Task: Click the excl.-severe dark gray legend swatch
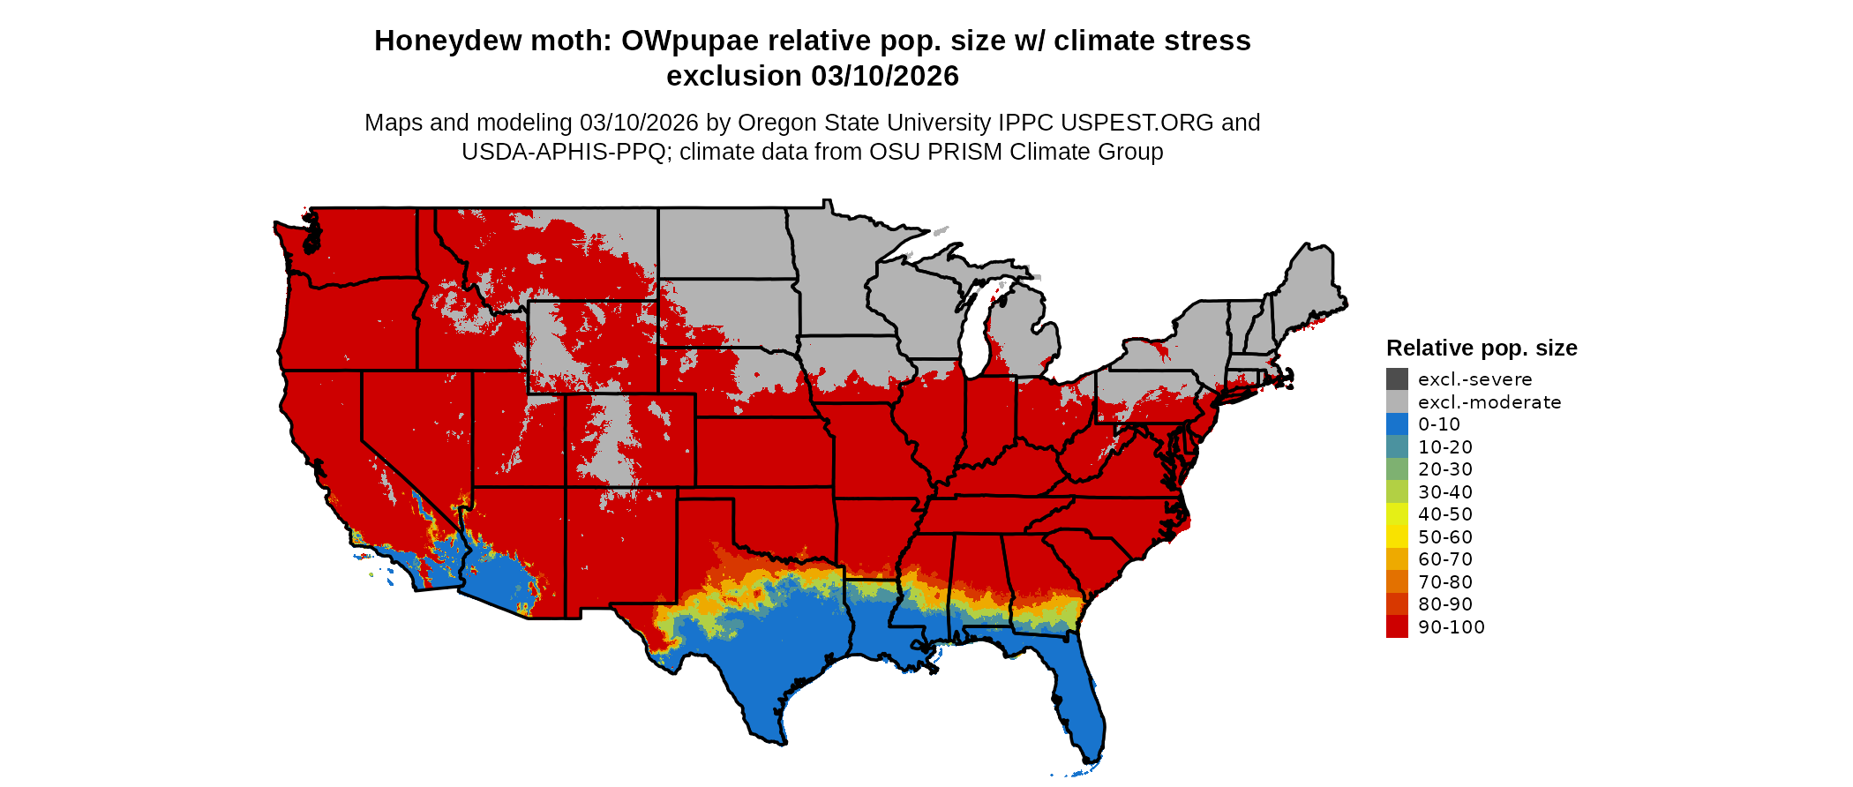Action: (x=1397, y=379)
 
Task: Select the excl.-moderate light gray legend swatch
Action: (x=1397, y=402)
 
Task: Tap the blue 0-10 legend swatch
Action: (x=1397, y=424)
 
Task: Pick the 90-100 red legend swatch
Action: (x=1397, y=627)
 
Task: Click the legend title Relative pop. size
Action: (x=1482, y=348)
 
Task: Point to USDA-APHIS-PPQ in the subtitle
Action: (x=563, y=152)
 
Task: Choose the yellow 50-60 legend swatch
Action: (x=1397, y=537)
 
